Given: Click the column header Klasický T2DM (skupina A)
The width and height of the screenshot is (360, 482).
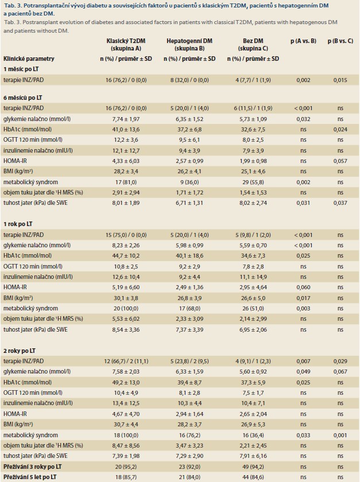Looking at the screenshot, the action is pyautogui.click(x=126, y=45).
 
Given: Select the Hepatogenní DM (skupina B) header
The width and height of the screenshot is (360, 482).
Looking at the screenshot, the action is pyautogui.click(x=189, y=45).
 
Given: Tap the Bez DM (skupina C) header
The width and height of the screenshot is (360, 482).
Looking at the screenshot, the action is pyautogui.click(x=253, y=45).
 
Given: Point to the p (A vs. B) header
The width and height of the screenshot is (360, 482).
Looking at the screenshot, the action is pyautogui.click(x=303, y=41).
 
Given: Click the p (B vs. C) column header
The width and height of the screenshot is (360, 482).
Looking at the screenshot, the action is pyautogui.click(x=340, y=41).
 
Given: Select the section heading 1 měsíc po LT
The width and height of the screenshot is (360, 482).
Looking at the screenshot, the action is pyautogui.click(x=21, y=69).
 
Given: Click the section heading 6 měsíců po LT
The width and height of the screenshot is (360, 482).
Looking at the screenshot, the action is pyautogui.click(x=23, y=98).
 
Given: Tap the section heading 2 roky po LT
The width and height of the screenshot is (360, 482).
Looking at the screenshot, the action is pyautogui.click(x=20, y=351).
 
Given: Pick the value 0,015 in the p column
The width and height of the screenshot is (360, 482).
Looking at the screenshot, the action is pyautogui.click(x=340, y=80).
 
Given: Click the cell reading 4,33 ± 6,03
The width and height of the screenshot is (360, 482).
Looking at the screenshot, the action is pyautogui.click(x=126, y=161).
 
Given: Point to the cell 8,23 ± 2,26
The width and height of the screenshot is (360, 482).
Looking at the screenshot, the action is pyautogui.click(x=126, y=246).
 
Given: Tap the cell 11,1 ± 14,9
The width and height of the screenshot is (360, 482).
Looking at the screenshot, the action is pyautogui.click(x=253, y=277).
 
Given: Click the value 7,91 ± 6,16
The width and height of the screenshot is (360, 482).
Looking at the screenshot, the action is pyautogui.click(x=253, y=456).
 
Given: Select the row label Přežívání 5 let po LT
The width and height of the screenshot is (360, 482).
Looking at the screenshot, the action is pyautogui.click(x=30, y=477).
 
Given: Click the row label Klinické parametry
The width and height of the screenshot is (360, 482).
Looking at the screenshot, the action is pyautogui.click(x=29, y=59).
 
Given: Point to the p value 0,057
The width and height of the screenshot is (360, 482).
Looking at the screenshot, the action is pyautogui.click(x=340, y=161).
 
